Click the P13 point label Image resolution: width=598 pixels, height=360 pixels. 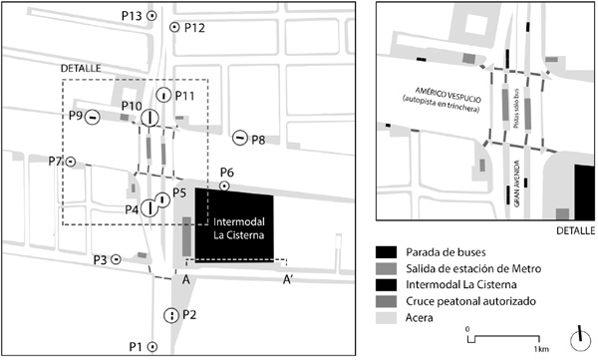coord(132,17)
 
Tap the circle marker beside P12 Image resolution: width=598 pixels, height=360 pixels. coord(174,28)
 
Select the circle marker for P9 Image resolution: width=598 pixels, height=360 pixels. coord(92,117)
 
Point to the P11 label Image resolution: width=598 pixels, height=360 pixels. coord(183,96)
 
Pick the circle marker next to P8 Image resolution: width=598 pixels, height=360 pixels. coord(240,137)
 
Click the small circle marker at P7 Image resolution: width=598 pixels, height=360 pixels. coord(71,161)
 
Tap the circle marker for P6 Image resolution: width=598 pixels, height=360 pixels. coord(225,185)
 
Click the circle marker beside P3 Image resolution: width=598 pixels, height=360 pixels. coord(117,258)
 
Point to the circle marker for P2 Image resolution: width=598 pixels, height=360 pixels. coord(171,315)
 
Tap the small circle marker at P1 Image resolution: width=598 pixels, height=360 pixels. coord(152,346)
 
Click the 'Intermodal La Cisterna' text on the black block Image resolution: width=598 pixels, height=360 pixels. coord(236,229)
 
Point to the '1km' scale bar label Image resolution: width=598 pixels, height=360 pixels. coord(541,348)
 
